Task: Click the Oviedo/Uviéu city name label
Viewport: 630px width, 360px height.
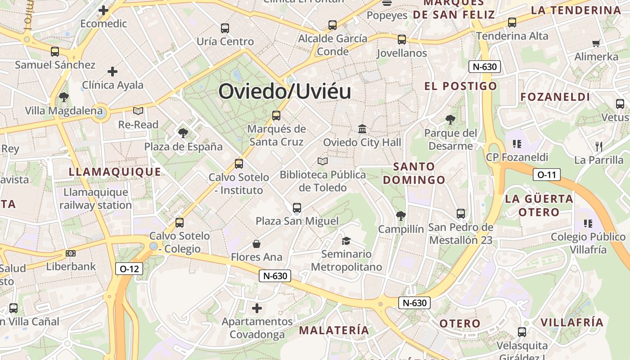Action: (x=284, y=91)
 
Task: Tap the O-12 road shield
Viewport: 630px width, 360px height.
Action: (x=129, y=269)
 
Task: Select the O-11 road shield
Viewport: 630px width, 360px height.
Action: (x=547, y=175)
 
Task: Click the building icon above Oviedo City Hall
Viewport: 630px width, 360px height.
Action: (x=362, y=129)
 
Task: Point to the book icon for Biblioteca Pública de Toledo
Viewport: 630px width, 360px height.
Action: (x=323, y=161)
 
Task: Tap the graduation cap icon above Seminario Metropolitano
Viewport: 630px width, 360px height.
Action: (x=346, y=241)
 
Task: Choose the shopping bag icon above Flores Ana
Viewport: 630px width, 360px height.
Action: (x=256, y=244)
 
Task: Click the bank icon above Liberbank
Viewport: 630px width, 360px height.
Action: (x=71, y=253)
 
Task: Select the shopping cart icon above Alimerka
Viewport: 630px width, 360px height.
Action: (x=596, y=44)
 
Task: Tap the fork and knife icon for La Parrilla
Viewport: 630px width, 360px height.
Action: (x=598, y=146)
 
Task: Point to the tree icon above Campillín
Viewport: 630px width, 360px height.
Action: (x=400, y=216)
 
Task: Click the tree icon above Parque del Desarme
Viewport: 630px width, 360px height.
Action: (x=450, y=120)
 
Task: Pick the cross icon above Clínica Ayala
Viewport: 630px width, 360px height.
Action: (x=112, y=72)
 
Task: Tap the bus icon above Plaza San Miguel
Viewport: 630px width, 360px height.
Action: (x=297, y=208)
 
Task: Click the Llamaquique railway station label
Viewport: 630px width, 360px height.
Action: (x=95, y=198)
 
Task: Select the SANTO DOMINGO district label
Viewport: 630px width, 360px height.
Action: (x=414, y=173)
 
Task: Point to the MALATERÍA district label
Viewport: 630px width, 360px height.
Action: (x=334, y=330)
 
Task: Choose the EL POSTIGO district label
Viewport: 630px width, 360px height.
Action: (x=461, y=86)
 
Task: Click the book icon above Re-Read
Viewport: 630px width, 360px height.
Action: (x=138, y=111)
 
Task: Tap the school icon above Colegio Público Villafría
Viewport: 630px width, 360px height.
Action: (x=588, y=223)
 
